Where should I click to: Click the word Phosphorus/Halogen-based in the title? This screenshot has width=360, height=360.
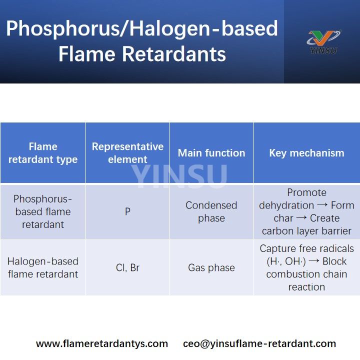coord(141,28)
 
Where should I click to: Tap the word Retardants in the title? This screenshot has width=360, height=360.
coord(177,54)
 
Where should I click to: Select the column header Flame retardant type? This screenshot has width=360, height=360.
coord(43,153)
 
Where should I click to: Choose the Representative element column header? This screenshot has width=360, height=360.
coord(127,153)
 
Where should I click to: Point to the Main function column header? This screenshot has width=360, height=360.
coord(211,153)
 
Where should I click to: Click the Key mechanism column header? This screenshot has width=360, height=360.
coord(306,153)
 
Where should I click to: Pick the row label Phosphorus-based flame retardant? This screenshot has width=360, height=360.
coord(43,211)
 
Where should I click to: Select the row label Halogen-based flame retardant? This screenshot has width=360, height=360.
coord(43,267)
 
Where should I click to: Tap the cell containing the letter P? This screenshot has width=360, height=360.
coord(127,211)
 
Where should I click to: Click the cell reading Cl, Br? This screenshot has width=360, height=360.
coord(127,267)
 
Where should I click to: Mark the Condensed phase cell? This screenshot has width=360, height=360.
coord(211,211)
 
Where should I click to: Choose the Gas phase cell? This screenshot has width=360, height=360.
coord(211,267)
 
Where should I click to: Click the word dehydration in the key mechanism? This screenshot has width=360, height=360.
coord(286,205)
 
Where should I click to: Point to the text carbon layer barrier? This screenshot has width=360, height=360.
coord(306,231)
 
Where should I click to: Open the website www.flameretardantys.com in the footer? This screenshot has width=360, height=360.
coord(102,343)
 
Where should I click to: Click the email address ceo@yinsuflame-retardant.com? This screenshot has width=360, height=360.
coord(259,343)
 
